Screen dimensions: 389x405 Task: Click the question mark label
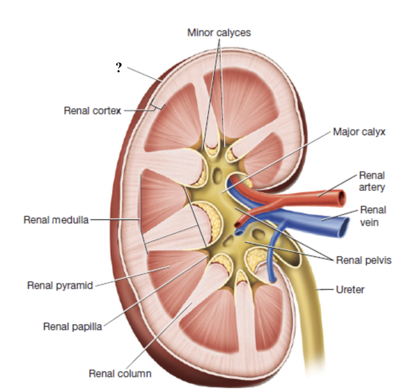tap(119, 68)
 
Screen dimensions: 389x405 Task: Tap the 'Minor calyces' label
tap(219, 32)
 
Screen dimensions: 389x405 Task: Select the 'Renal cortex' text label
tap(92, 111)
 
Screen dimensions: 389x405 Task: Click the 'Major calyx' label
tap(359, 132)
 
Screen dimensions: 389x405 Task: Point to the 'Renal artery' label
tap(372, 181)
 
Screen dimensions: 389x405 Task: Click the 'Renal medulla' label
tap(56, 220)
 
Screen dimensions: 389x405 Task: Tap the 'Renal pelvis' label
tap(364, 260)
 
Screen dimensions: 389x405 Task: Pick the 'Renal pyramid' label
tap(60, 285)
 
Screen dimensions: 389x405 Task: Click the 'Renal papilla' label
tap(73, 326)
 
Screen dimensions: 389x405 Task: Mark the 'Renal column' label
tap(120, 373)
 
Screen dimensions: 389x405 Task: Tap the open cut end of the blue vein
tap(345, 228)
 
